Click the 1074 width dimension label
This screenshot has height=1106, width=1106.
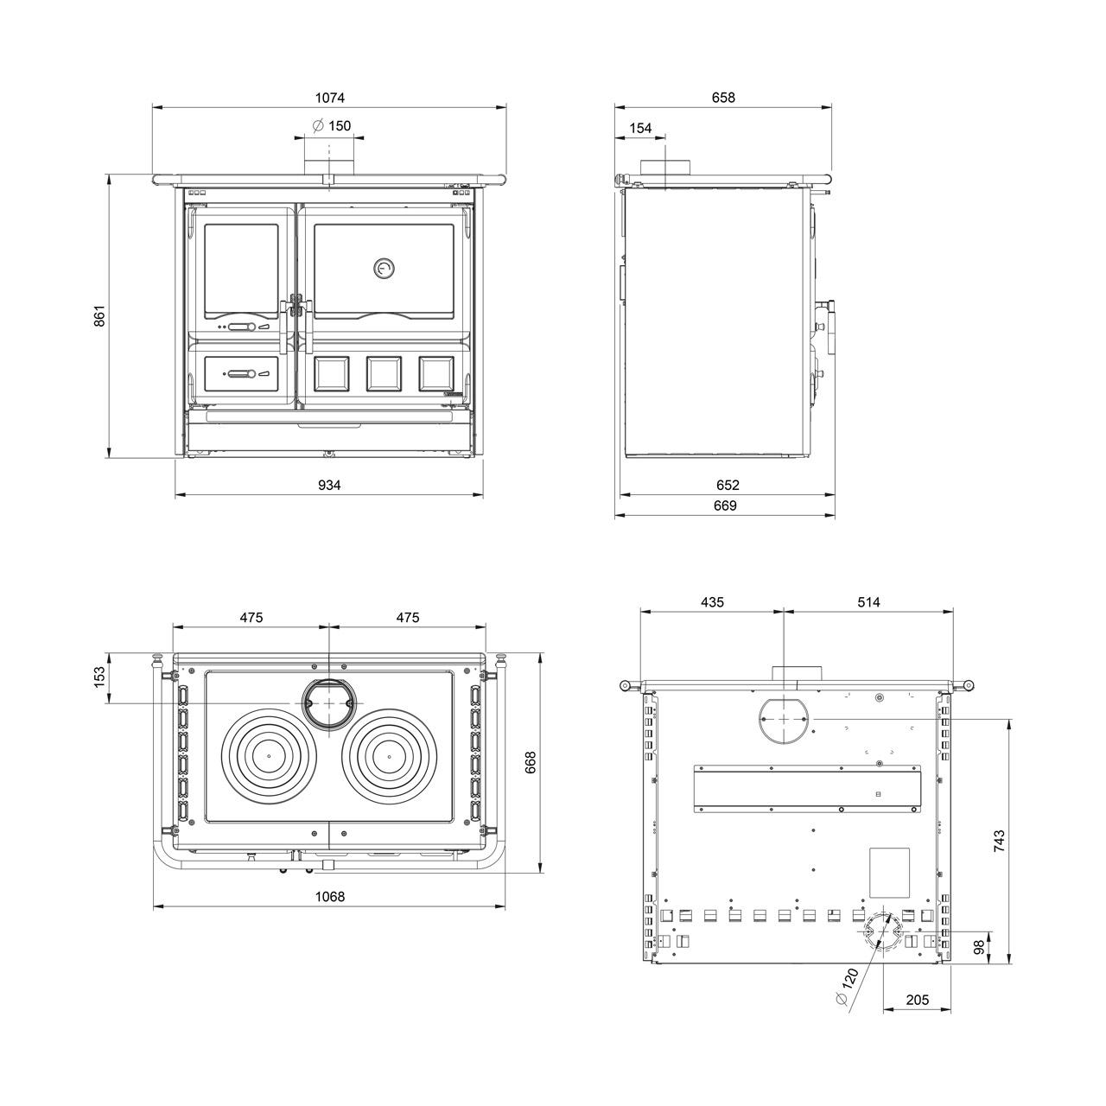[x=329, y=98]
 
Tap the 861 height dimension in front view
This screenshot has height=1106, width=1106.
[x=100, y=315]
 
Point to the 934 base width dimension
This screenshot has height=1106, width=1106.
[x=329, y=485]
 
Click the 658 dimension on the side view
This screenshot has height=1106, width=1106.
[x=723, y=98]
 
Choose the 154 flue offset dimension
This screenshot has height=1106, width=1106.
[x=640, y=128]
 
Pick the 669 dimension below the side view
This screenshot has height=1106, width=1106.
[x=726, y=505]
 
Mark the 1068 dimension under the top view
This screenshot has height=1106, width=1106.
[x=330, y=896]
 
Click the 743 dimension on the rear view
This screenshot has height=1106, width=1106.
[x=999, y=841]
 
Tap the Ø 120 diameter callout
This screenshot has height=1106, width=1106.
[x=847, y=987]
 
